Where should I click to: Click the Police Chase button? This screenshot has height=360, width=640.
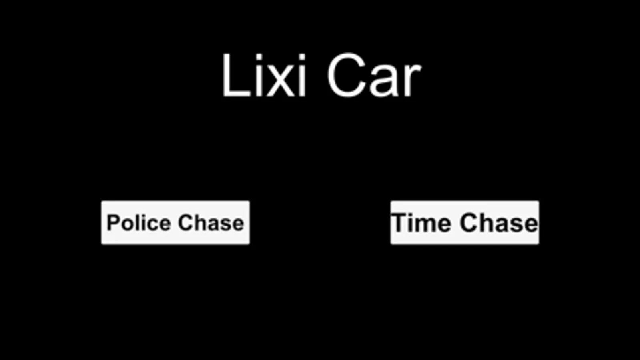coord(175,223)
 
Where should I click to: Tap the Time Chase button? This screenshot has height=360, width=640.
coord(465,223)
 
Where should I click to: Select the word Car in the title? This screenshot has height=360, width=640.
coord(374,76)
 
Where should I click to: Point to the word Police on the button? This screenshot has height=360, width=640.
coord(139,223)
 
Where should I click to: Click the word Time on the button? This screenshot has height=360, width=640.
coord(421,223)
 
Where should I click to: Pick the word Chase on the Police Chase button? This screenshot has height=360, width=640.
coord(211,223)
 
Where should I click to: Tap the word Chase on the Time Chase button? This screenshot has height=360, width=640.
coord(499,223)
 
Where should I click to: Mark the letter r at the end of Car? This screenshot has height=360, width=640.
coord(413,81)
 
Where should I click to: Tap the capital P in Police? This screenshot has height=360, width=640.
coord(114,223)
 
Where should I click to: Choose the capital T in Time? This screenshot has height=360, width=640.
coord(399,223)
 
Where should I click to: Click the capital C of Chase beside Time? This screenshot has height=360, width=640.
coord(469,223)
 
